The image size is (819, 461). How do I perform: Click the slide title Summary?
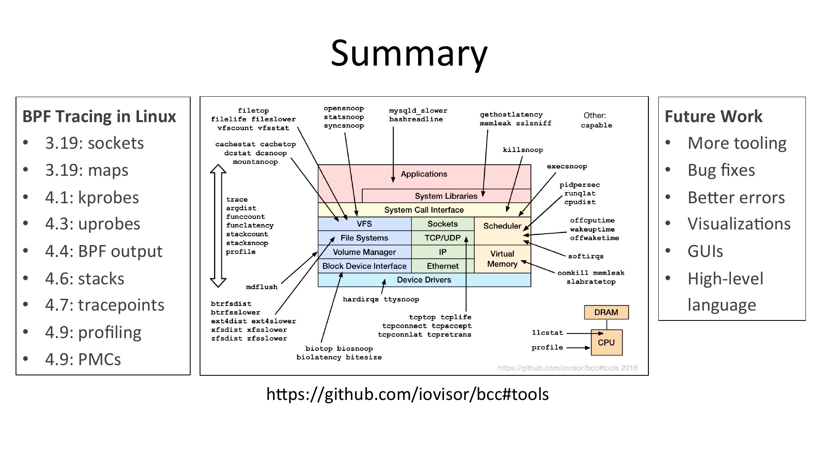tap(409, 53)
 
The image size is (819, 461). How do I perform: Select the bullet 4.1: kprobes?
tap(92, 198)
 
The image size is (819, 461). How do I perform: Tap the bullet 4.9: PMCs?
tap(83, 359)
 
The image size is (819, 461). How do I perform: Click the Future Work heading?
tap(713, 116)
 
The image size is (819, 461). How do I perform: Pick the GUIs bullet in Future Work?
tap(705, 251)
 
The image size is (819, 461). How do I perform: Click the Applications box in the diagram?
tap(424, 174)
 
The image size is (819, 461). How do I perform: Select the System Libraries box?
tap(446, 196)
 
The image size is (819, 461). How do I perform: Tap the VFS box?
tap(364, 224)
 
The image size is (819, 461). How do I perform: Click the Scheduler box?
tap(502, 226)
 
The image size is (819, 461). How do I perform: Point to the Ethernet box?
tap(442, 266)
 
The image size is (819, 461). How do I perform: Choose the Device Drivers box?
tap(424, 280)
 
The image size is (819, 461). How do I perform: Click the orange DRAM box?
tap(606, 312)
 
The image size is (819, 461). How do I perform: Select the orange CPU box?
tap(606, 343)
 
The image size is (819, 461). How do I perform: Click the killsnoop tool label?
tap(523, 150)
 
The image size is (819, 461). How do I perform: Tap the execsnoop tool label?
tap(566, 166)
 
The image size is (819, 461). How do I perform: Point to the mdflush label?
tap(262, 287)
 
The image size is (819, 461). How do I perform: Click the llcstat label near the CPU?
tap(547, 333)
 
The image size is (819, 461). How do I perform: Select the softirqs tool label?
tap(585, 257)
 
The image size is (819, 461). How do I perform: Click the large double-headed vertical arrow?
tap(218, 226)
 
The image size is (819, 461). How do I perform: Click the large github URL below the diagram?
tap(407, 394)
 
